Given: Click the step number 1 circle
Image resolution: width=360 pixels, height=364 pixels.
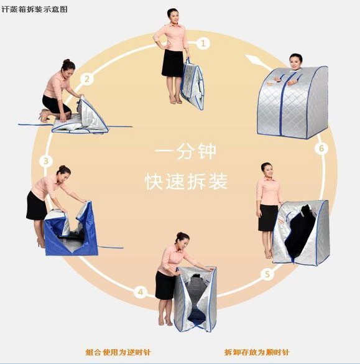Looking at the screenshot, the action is pos(203,43).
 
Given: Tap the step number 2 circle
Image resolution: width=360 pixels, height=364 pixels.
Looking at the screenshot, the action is pos(87,79).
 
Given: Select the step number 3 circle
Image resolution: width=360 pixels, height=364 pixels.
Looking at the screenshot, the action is pos(46,161).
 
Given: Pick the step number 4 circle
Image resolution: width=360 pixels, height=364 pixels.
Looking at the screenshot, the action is pos(141,292).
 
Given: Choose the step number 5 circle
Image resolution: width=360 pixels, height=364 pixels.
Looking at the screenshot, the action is pos(267,274).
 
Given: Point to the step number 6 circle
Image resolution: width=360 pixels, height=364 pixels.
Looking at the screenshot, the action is pos(321,148).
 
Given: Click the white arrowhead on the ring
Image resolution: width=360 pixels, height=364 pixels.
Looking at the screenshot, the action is pos(253,60).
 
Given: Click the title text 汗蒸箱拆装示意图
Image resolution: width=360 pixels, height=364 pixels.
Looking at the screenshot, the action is pos(34,9).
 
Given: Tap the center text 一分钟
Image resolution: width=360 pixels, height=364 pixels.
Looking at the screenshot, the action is pos(185,152).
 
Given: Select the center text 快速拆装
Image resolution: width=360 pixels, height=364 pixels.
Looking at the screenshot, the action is pos(186,181).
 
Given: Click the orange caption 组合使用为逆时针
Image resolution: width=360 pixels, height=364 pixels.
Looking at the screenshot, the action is pos(118,352).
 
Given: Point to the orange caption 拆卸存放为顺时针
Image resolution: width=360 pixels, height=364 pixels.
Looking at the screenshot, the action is pos(257,352).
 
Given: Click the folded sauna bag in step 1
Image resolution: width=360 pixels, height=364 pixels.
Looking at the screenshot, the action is pos(192,85).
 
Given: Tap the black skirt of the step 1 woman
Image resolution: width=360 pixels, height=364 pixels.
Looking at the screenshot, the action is pos(173,63).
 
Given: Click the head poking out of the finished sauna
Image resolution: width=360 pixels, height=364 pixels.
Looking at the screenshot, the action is pos(296,62).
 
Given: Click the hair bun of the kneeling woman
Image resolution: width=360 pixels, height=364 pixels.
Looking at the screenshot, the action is pos(67,61).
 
